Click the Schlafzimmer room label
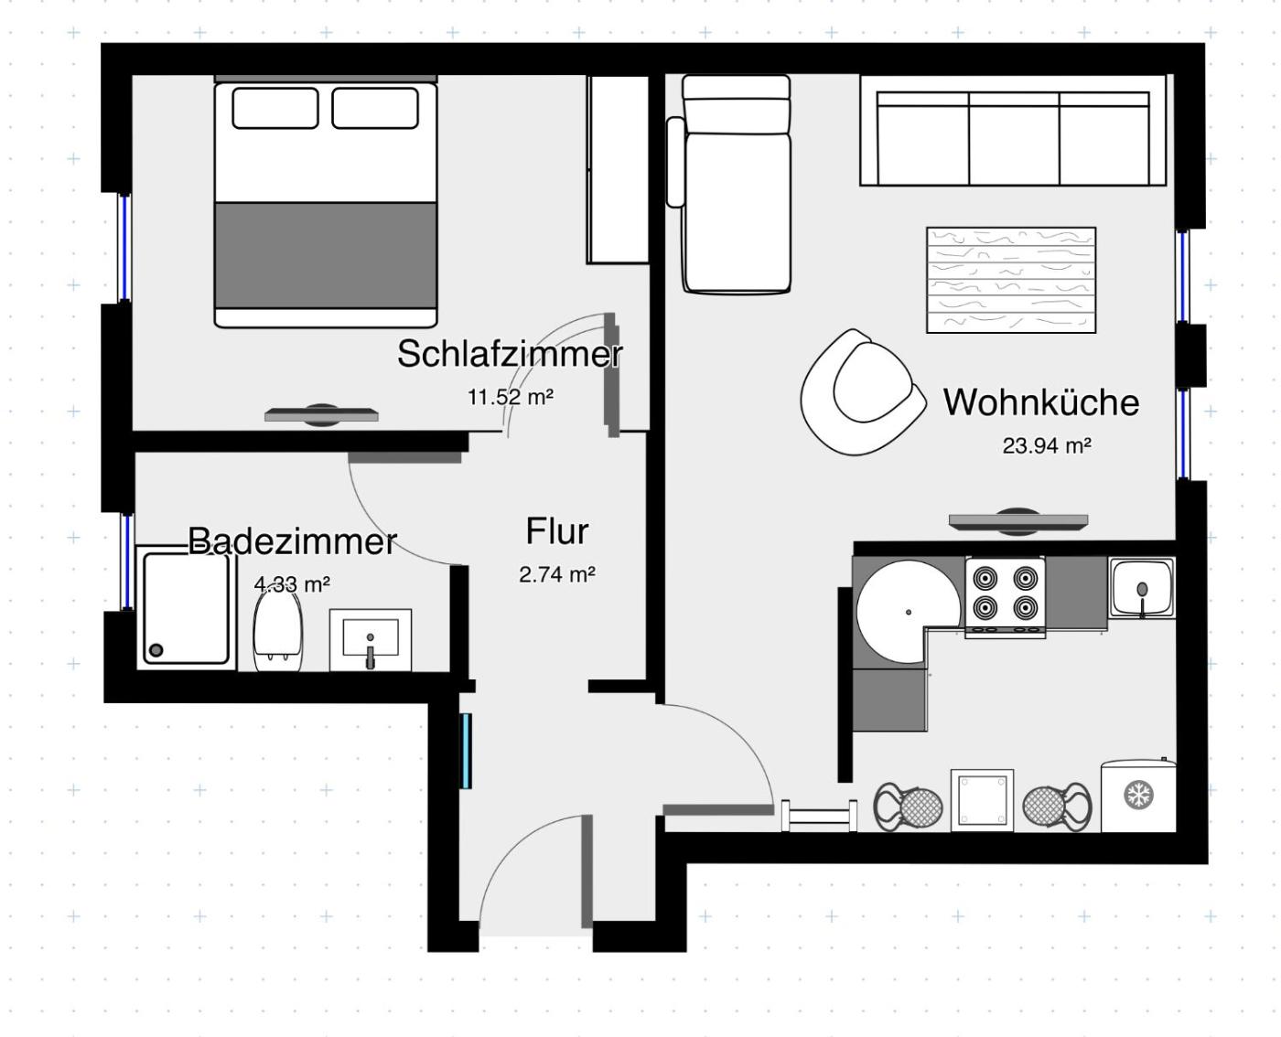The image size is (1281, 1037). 510,354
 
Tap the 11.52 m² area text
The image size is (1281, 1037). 511,398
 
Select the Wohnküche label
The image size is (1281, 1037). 1041,402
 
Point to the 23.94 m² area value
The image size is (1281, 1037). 1047,445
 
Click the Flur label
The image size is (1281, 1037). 557,531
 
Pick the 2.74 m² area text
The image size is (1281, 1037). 557,574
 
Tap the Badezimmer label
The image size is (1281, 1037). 292,541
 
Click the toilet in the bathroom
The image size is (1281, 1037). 277,631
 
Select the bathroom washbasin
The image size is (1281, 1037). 371,639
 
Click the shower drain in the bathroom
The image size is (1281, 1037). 156,650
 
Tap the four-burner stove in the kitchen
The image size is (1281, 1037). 1005,597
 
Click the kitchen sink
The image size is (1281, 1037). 1142,588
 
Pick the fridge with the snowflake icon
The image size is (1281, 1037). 1138,796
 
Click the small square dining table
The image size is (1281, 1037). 982,800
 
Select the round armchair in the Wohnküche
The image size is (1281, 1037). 862,392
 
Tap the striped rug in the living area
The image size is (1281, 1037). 1011,280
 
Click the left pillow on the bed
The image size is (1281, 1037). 275,108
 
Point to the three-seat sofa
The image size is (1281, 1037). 1013,130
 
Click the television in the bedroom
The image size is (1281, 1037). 322,415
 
